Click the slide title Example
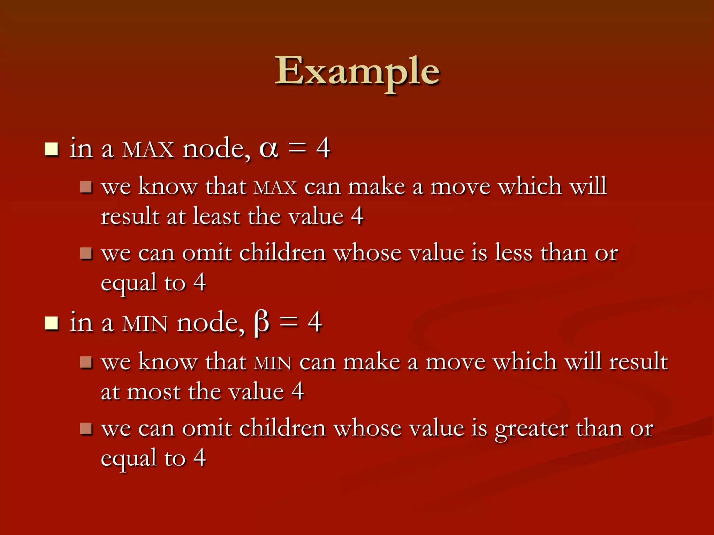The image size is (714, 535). tap(357, 71)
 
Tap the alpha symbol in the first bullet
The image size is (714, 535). tap(268, 149)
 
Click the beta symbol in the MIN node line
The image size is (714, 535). tap(262, 323)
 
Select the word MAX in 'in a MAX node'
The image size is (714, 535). tap(148, 150)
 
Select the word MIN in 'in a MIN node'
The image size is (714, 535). tap(145, 324)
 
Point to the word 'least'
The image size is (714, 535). tap(216, 216)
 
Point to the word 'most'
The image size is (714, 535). tap(153, 392)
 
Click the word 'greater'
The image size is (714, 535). tap(531, 428)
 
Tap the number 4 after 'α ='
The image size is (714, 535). tap(323, 148)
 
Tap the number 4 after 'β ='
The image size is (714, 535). tap(314, 323)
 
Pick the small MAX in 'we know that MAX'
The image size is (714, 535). tap(275, 188)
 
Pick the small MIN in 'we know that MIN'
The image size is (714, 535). tap(273, 363)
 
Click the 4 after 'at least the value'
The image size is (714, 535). tap(357, 216)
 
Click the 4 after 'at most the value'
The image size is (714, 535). tap(297, 391)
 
